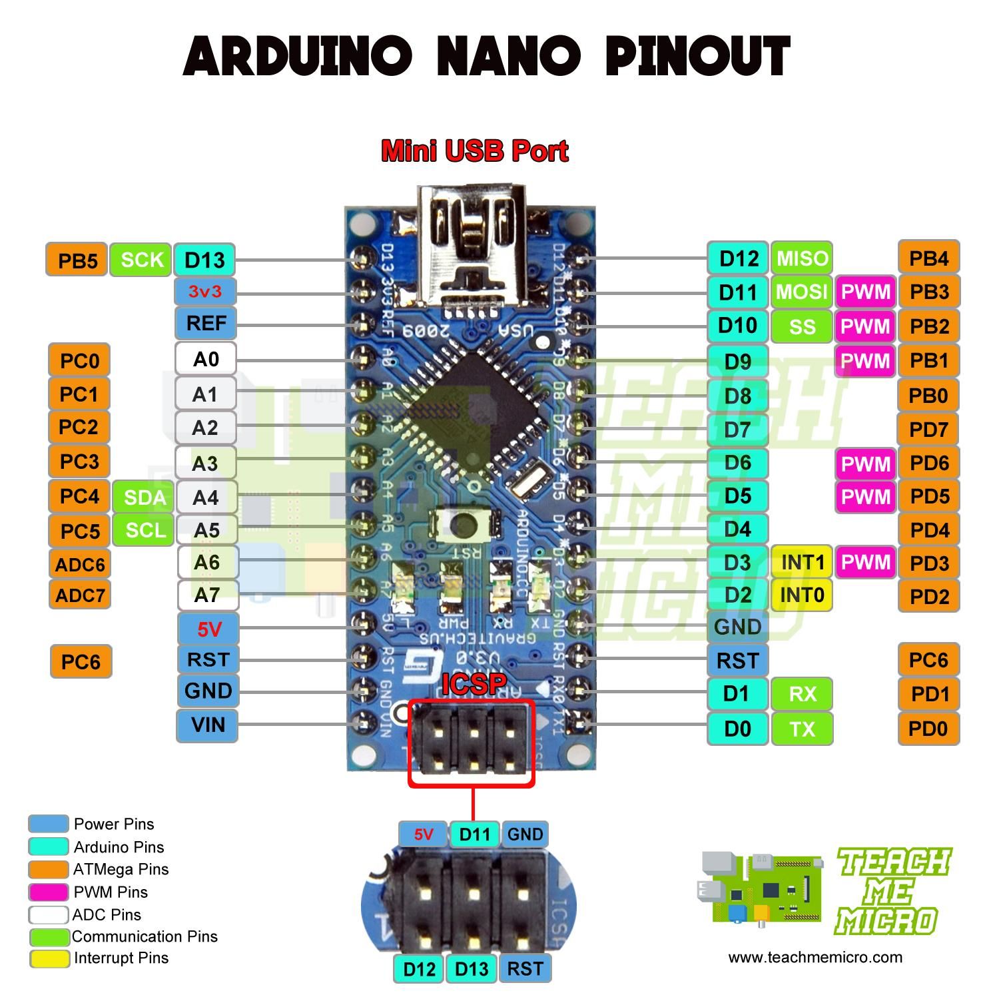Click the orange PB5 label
77,260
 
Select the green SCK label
141,260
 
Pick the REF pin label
205,323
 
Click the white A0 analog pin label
205,359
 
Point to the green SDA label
143,497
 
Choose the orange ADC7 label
80,594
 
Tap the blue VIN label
207,725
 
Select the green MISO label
802,258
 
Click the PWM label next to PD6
865,464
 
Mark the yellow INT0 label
801,595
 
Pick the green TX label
802,729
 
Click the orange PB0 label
928,396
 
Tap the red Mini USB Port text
474,151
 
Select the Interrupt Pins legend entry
121,958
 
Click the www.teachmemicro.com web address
815,958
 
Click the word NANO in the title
508,57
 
